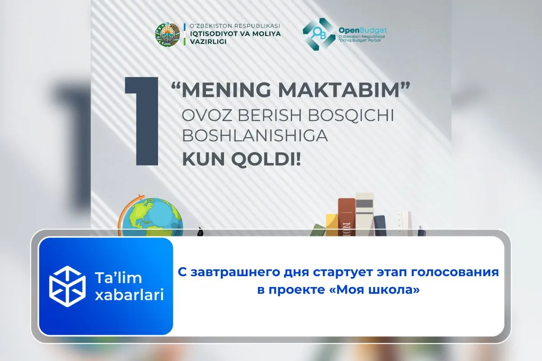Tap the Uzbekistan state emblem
[167, 34]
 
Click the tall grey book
[364, 212]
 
